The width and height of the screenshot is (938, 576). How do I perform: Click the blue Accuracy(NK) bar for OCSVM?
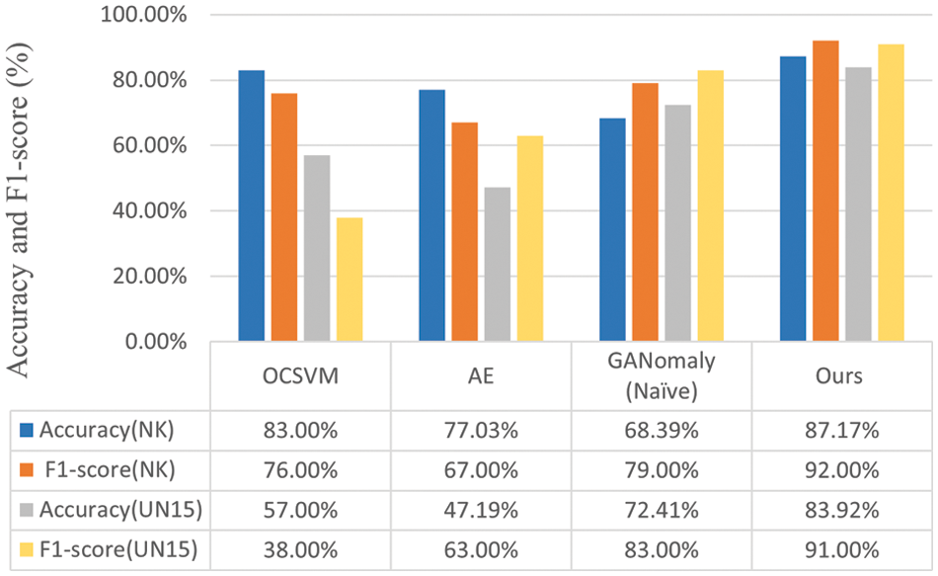[x=251, y=206]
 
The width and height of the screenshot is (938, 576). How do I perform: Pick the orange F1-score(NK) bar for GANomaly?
[x=645, y=212]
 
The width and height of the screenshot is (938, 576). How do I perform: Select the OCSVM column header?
[x=300, y=376]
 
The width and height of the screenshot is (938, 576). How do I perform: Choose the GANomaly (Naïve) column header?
[x=662, y=376]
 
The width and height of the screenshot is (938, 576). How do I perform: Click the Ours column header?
[x=841, y=376]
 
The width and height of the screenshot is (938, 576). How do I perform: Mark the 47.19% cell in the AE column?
[x=481, y=511]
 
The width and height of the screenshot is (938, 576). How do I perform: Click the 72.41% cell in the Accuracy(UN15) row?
[x=662, y=511]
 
